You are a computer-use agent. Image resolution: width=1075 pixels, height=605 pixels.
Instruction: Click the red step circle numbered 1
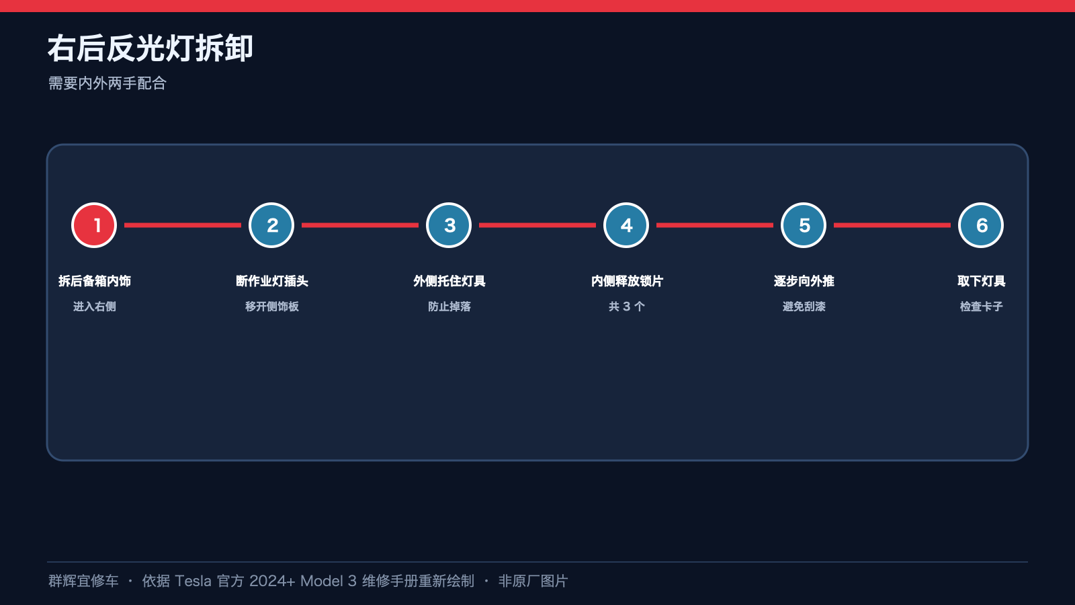pos(94,225)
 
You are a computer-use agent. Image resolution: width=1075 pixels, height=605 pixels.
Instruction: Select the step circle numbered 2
pos(271,225)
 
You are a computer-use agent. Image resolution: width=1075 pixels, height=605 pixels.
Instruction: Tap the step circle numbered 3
pos(449,225)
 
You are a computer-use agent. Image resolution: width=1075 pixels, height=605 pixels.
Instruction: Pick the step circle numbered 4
pos(626,225)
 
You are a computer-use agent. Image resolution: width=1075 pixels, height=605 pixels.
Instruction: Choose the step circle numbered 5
pos(804,225)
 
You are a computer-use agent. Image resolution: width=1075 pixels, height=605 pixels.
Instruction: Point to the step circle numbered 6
pos(980,225)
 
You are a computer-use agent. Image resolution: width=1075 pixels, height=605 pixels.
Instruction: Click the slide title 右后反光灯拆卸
pos(150,48)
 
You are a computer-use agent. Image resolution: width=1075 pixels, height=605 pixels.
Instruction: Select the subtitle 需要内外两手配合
pos(107,83)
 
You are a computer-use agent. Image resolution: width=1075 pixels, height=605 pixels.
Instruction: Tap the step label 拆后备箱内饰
pos(95,281)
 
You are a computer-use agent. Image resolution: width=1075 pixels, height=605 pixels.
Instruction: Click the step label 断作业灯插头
pos(271,281)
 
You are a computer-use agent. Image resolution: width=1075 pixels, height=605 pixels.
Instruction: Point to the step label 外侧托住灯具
pos(449,281)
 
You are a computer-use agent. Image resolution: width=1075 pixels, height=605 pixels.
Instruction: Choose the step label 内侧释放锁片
pos(627,281)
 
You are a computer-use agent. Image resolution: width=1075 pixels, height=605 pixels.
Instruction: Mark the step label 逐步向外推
pos(804,281)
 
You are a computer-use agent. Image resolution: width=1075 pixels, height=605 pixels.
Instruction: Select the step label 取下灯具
pos(981,281)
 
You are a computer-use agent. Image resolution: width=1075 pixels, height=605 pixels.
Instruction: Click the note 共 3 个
pos(627,307)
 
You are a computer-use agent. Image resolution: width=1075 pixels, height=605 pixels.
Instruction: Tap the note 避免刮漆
pos(804,307)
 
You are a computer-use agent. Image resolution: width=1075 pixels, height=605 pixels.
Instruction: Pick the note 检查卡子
pos(981,307)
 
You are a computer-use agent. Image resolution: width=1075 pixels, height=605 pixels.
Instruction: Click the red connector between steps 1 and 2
pos(183,225)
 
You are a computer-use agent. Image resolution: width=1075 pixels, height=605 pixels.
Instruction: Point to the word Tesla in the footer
pos(193,581)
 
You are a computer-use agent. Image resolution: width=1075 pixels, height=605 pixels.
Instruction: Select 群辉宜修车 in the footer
pos(83,581)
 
